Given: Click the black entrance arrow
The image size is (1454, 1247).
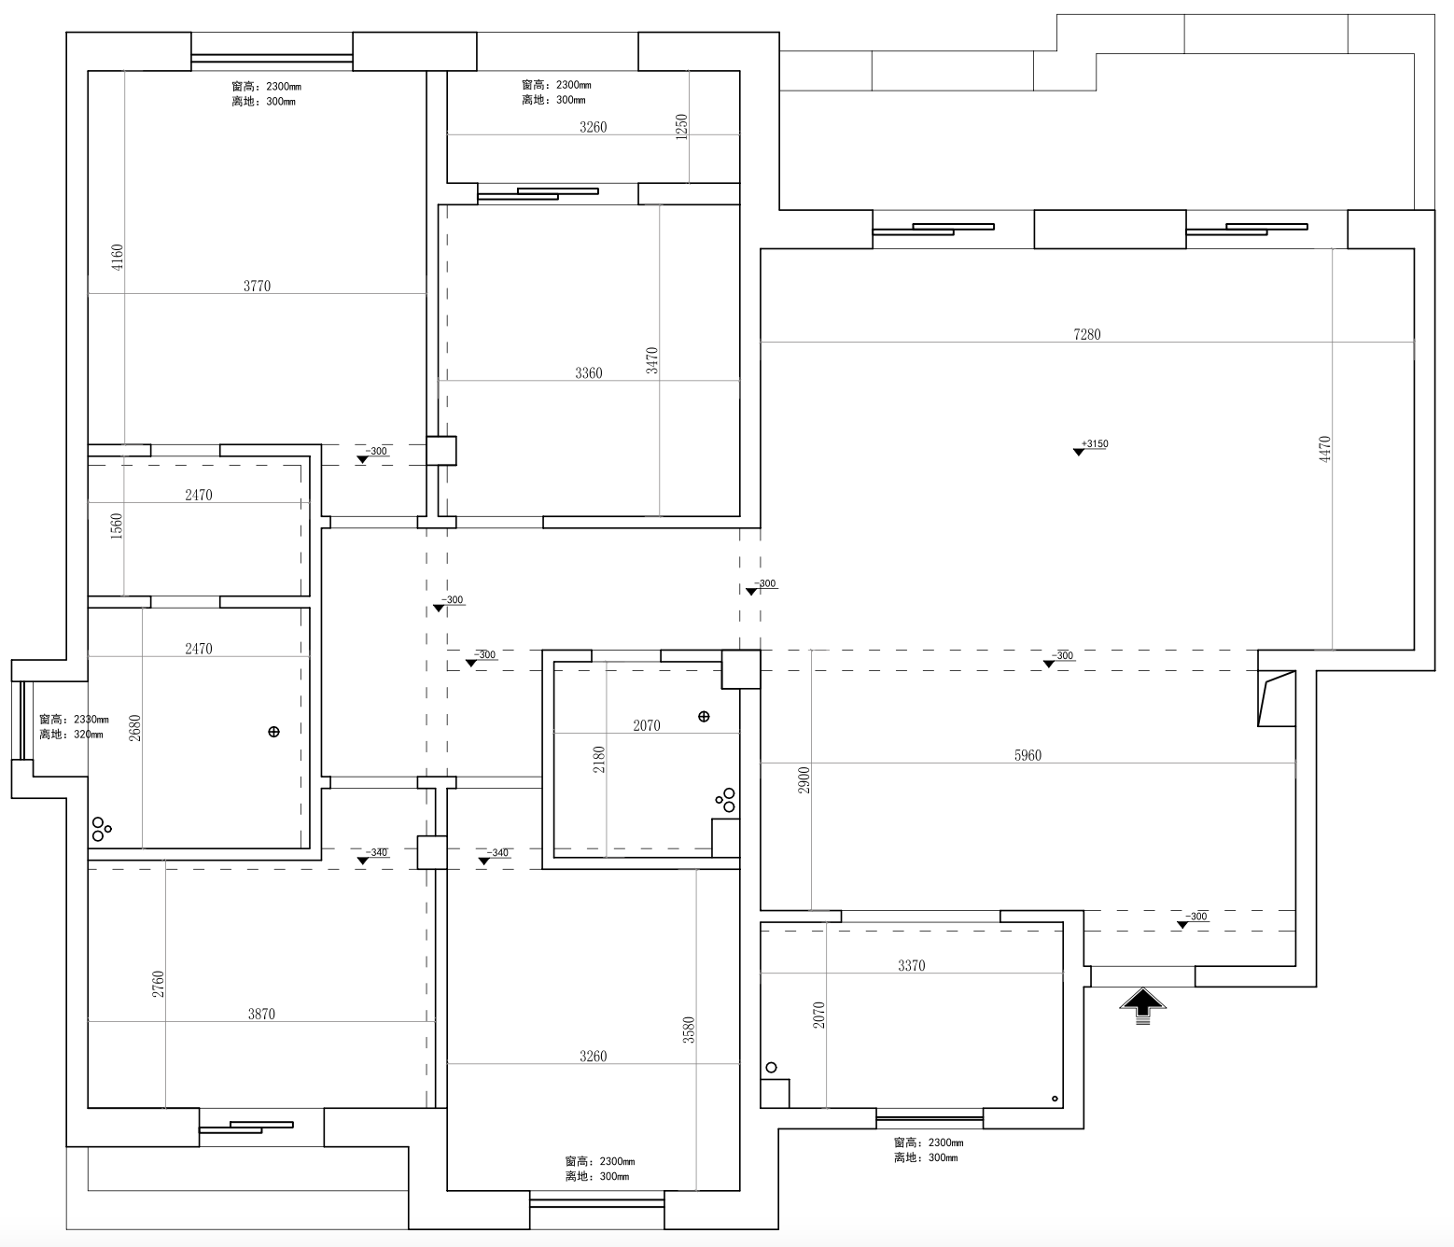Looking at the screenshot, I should point(1143,1005).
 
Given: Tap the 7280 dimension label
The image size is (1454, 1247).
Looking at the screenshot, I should point(1087,334).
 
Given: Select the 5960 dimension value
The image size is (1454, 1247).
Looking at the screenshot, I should point(1028,755).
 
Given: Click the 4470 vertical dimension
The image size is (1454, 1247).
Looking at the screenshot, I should point(1324,449).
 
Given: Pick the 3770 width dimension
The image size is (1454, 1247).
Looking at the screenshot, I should point(257,286).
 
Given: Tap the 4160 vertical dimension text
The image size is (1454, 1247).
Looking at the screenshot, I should point(117,258).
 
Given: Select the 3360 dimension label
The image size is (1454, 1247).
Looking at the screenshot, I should point(588,372).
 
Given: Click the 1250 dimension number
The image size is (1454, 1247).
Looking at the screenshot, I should point(681,126).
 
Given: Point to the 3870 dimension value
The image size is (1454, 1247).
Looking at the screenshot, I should point(261,1014).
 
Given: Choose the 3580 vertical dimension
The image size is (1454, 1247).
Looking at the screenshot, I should point(689,1030).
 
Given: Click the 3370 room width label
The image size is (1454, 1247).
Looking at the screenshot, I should point(911,965).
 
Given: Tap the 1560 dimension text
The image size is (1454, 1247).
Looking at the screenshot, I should point(117,526).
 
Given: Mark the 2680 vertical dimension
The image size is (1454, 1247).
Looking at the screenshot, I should point(134,728).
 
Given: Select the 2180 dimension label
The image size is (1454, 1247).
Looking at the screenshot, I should point(599,758).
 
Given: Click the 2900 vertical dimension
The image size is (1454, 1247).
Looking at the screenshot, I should point(804,780).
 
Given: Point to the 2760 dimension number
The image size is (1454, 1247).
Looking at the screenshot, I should point(159,984).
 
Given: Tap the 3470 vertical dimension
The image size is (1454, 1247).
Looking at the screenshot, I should point(651,360).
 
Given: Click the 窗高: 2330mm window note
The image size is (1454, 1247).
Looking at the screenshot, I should point(74,720).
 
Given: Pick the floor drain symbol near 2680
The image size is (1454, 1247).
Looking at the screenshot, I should point(273,732).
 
